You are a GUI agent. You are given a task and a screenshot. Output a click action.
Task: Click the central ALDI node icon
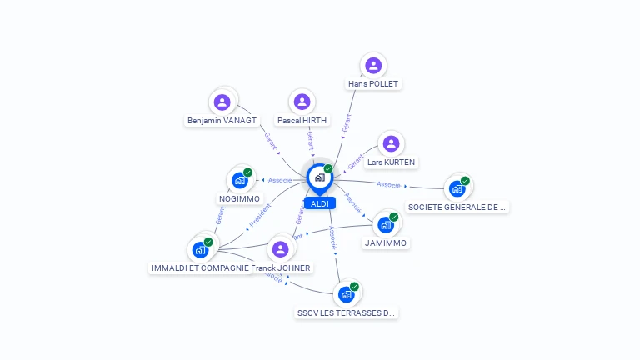[318, 177]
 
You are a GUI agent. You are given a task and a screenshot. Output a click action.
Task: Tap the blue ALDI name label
[319, 203]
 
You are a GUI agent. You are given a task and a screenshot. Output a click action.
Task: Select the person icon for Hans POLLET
[373, 65]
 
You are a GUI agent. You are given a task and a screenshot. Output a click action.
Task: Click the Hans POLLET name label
[373, 84]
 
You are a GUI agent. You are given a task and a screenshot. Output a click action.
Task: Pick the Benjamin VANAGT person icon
[222, 102]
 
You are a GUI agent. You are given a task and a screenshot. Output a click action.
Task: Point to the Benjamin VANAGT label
[222, 121]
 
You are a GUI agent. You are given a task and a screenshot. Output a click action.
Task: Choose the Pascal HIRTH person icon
[302, 102]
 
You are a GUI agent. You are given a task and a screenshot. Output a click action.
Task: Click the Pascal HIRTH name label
[302, 121]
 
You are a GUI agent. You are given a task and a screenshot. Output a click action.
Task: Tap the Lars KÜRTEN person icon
[390, 143]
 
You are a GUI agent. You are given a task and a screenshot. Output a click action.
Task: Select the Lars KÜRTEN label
[392, 162]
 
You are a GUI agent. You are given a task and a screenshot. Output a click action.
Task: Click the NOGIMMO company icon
[239, 180]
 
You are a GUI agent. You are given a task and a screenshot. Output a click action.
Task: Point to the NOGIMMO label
[239, 199]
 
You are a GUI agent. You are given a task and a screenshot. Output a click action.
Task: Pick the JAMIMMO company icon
[385, 224]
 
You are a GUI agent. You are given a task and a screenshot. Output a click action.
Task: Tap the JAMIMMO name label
[386, 243]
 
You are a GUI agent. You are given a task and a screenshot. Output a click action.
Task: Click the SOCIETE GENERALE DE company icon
[457, 188]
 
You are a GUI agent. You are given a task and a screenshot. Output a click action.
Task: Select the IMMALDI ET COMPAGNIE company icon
[200, 249]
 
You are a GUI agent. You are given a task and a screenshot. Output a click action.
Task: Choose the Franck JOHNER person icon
[280, 249]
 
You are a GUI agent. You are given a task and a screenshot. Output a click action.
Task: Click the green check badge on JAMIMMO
[393, 217]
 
